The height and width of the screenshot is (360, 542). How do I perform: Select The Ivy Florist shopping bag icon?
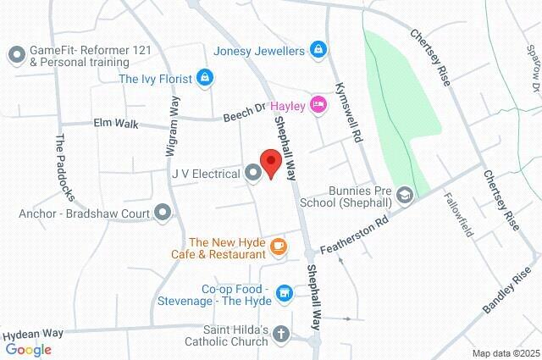(204, 79)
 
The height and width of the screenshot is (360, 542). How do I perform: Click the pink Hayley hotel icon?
(318, 104)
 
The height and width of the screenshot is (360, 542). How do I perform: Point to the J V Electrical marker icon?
(253, 174)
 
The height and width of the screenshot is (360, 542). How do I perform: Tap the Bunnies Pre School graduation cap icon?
(405, 196)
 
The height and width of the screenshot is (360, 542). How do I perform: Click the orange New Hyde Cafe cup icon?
(279, 246)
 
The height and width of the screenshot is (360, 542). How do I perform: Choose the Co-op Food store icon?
(285, 294)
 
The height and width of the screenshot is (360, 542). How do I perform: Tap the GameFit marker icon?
(16, 56)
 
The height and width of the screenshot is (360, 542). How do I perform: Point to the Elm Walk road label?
(114, 124)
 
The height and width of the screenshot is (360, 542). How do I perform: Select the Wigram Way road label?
(174, 126)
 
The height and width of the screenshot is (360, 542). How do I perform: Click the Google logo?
(28, 349)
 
